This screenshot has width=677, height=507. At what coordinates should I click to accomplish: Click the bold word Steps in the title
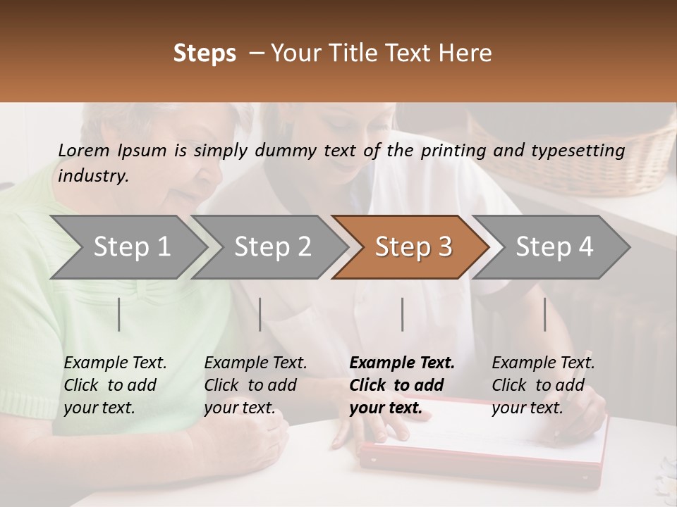point(205,54)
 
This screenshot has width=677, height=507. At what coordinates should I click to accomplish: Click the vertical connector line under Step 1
point(119,314)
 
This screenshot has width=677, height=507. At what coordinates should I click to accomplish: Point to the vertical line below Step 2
point(260,314)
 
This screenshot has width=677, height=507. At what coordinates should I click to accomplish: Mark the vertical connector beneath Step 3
point(403,314)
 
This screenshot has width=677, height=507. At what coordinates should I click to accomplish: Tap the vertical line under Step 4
point(544,314)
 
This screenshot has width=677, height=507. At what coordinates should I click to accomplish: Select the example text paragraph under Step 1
point(115,384)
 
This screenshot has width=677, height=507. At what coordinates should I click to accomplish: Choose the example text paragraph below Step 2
point(255,384)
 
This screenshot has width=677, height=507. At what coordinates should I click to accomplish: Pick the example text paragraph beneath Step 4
point(543,384)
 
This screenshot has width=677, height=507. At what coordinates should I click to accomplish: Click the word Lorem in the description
point(84,150)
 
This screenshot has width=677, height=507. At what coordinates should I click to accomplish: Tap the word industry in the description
point(92,175)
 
